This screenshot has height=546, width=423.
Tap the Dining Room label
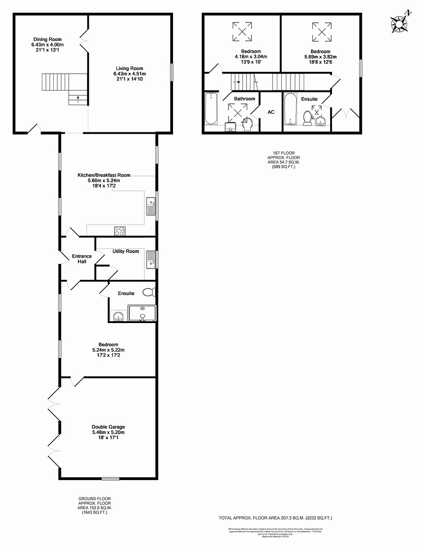(47, 40)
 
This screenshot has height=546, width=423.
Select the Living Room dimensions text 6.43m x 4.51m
(130, 74)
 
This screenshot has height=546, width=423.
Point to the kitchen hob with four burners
(119, 231)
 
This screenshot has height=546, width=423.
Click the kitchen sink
(150, 207)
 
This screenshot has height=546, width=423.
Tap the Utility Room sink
(150, 259)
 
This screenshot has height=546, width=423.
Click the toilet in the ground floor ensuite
(148, 292)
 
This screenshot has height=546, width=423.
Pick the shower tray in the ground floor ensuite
(143, 313)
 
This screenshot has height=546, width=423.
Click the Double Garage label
(108, 427)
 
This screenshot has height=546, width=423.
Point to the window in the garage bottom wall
(111, 478)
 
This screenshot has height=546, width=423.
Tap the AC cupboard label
(271, 112)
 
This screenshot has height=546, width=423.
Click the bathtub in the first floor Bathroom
(211, 109)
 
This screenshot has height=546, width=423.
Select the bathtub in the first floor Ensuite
(289, 109)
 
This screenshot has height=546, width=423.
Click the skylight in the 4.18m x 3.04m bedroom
(242, 31)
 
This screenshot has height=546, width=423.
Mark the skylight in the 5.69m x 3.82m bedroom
(321, 31)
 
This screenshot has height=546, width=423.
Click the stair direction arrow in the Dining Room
(77, 97)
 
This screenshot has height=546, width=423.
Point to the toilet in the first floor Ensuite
(307, 118)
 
